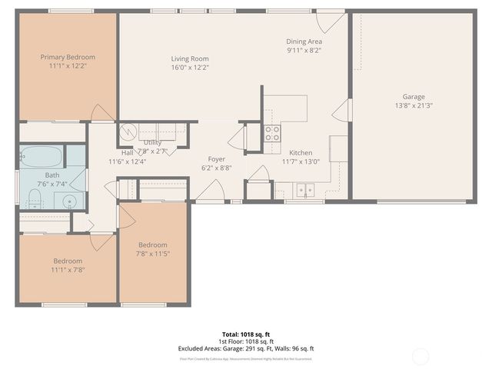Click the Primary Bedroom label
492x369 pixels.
pyautogui.click(x=68, y=57)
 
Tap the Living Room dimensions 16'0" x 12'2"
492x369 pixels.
pyautogui.click(x=189, y=68)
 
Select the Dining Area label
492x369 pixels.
pyautogui.click(x=304, y=42)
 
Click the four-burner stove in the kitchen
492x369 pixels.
pyautogui.click(x=272, y=135)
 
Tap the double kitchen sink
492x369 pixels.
pyautogui.click(x=304, y=189)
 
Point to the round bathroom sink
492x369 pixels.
pyautogui.click(x=70, y=202)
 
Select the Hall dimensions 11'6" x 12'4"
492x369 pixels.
pyautogui.click(x=127, y=161)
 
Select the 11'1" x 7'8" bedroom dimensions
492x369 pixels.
pyautogui.click(x=68, y=270)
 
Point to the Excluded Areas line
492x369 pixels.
pyautogui.click(x=246, y=348)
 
